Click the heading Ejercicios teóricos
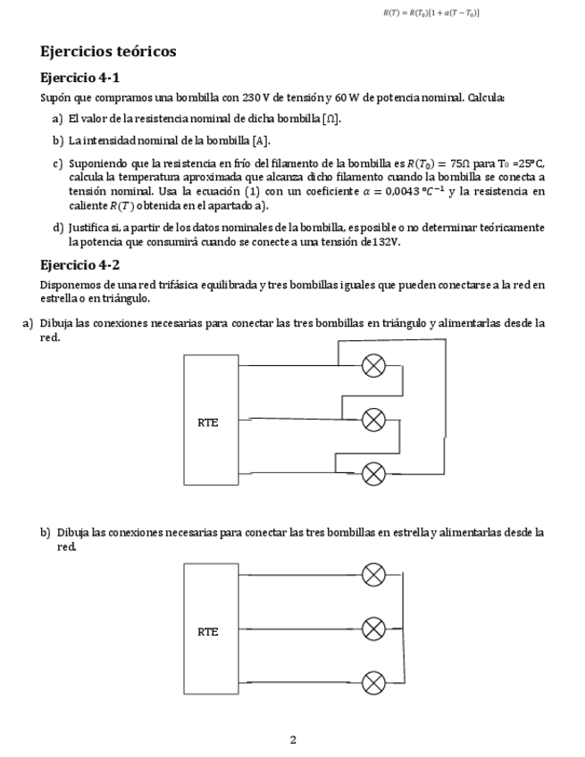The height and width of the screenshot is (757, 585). (108, 52)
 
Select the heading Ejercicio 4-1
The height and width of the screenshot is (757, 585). (80, 78)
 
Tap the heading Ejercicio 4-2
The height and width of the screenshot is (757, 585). (80, 265)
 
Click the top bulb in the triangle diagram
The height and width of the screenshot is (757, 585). (373, 365)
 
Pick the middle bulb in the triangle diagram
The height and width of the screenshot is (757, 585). (373, 419)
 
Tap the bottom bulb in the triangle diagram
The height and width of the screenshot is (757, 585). (373, 472)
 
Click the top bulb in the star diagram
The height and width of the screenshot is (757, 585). (373, 574)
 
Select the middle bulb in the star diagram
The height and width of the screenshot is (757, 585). (373, 628)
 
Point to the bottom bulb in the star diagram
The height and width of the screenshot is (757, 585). (373, 683)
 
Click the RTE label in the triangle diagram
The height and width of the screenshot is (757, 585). (207, 422)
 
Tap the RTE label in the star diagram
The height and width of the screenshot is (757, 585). (207, 631)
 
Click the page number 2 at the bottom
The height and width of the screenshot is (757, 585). (293, 739)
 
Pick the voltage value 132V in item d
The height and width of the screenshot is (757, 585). (386, 241)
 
